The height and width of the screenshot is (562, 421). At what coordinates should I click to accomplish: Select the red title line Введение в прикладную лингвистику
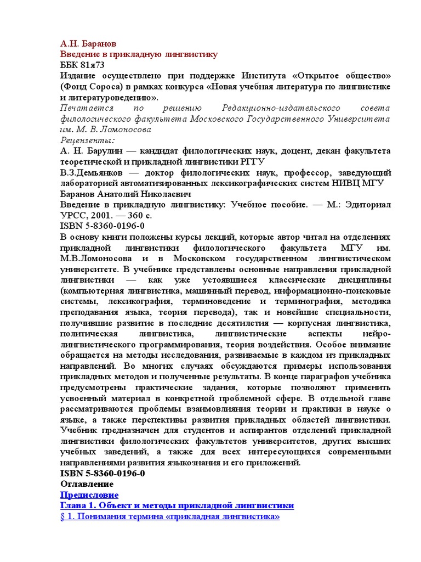[138, 54]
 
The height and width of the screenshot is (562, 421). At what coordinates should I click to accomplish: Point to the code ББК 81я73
[82, 65]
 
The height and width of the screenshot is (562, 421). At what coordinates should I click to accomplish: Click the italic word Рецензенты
[83, 140]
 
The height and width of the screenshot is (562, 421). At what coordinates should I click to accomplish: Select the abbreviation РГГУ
[252, 161]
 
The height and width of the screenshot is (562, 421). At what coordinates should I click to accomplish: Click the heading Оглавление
[86, 484]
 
